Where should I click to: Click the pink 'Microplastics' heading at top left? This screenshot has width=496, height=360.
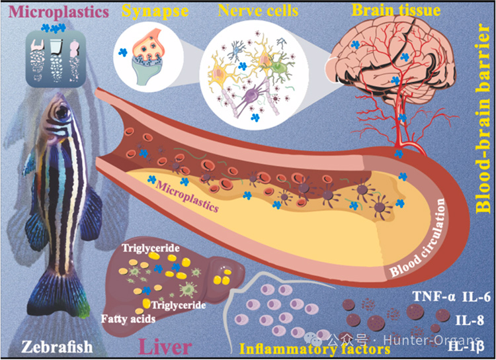58,12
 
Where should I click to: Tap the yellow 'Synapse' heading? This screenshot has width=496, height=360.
155,11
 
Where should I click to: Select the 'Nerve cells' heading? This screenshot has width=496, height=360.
258,11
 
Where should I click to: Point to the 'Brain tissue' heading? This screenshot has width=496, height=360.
396,10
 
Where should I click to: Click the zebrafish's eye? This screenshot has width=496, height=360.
62,111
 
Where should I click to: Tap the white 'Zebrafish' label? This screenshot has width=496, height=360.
58,347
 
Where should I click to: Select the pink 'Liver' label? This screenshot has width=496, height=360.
165,347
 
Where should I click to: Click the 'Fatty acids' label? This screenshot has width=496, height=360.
128,318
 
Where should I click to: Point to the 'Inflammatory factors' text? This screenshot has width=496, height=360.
315,349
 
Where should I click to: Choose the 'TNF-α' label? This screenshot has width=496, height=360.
434,296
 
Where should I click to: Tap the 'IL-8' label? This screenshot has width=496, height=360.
470,320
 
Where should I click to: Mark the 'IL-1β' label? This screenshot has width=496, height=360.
466,345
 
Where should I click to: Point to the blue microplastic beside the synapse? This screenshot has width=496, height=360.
123,52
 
